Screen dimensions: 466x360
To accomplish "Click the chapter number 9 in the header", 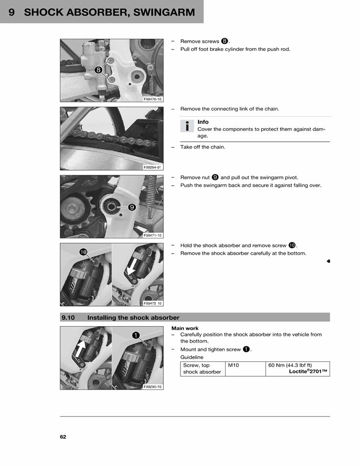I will (11, 12).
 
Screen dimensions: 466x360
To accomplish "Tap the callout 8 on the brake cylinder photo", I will (98, 70).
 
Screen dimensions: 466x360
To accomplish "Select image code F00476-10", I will (153, 99).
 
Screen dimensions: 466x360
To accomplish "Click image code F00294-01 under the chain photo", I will (153, 167).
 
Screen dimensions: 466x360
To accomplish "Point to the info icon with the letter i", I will (187, 126).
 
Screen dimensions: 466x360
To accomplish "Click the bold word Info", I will (203, 122).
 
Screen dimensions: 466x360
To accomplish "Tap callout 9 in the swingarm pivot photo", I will (132, 207).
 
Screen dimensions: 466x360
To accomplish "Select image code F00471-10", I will (153, 235).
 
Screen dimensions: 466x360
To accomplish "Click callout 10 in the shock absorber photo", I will (83, 252).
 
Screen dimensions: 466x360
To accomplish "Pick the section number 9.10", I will (68, 317).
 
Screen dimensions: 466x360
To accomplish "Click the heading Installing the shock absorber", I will (133, 317).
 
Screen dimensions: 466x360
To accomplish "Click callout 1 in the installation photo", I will (136, 335).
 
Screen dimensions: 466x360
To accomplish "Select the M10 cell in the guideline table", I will (233, 365).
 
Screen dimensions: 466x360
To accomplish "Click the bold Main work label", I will (185, 328).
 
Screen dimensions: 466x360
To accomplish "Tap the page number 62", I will (63, 437).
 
